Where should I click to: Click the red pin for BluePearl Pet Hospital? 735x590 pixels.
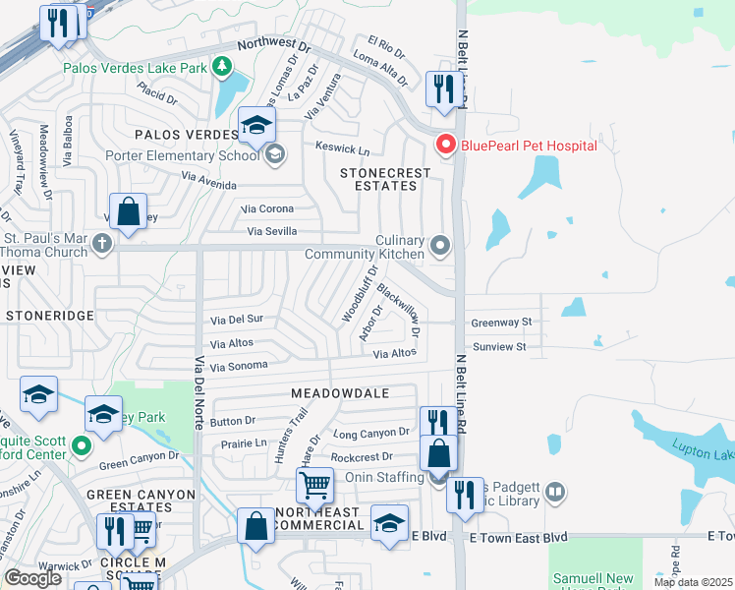[x=445, y=146]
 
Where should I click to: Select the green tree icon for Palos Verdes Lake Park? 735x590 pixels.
[x=224, y=67]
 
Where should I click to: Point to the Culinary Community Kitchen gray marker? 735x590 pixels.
[x=441, y=243]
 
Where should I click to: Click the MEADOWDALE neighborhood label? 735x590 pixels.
[x=340, y=392]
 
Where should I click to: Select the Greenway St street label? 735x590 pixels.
[x=501, y=322]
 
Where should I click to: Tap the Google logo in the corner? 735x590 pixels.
[x=32, y=577]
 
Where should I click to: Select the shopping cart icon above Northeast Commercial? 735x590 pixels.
[x=314, y=484]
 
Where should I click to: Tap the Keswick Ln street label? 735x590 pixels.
[x=342, y=150]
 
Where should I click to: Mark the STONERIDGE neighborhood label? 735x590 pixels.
[x=49, y=316]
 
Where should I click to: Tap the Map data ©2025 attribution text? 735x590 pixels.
[x=694, y=582]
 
